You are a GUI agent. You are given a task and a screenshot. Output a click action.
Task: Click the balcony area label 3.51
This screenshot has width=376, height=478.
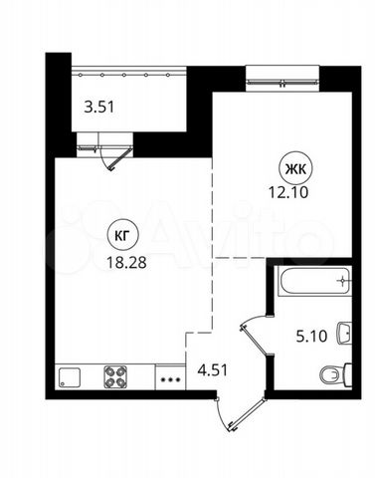(x=99, y=108)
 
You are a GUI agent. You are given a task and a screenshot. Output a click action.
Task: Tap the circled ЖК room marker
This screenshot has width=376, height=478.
(x=295, y=169)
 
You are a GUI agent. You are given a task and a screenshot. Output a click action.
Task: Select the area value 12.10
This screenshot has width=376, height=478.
(x=288, y=192)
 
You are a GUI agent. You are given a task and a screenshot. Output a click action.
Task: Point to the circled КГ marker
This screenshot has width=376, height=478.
(x=121, y=236)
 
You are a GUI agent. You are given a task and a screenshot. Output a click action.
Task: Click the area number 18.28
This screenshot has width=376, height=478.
(x=126, y=263)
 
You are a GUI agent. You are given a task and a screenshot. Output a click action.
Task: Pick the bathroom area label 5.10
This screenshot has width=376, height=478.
(x=311, y=337)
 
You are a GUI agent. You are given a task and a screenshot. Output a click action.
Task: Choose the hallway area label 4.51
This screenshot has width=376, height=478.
(x=213, y=370)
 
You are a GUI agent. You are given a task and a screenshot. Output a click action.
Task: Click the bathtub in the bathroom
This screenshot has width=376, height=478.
(x=314, y=281)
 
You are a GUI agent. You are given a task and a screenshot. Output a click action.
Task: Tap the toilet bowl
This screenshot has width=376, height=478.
(x=331, y=375)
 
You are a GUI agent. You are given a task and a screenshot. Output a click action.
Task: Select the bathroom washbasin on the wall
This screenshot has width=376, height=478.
(x=344, y=333)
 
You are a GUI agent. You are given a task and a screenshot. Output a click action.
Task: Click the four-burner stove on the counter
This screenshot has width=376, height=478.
(x=115, y=376)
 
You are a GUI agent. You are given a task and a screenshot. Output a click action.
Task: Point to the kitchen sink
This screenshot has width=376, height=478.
(x=70, y=377)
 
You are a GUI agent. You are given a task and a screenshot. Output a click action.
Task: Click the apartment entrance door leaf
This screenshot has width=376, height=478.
(x=248, y=414)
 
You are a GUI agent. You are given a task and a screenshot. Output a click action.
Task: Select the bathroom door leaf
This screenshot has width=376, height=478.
(x=257, y=342)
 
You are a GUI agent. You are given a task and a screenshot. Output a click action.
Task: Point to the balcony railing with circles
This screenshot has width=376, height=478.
(x=128, y=75)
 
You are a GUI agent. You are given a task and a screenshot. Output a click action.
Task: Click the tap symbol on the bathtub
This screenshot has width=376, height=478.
(x=342, y=281)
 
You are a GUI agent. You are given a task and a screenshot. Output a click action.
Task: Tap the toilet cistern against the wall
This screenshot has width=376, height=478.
(x=348, y=375)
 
